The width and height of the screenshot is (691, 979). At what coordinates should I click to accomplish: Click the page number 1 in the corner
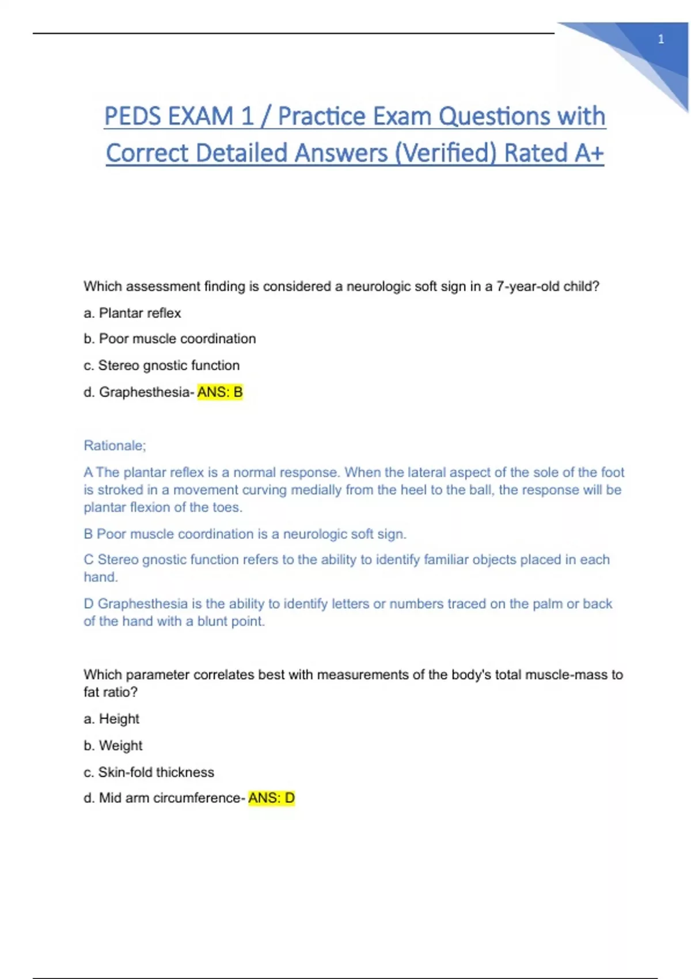[x=660, y=39]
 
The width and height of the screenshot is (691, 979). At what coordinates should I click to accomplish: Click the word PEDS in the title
[x=132, y=116]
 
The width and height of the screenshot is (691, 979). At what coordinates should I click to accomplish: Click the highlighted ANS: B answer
[x=220, y=392]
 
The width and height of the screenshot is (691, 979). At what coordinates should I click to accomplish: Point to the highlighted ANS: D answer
[x=271, y=798]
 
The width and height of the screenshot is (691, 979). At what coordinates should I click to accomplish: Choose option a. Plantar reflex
[x=132, y=313]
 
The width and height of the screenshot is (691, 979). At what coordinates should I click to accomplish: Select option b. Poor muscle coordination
[x=170, y=339]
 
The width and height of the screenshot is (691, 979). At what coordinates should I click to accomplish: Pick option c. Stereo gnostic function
[x=162, y=365]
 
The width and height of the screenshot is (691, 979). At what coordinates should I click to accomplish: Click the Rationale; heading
[x=115, y=445]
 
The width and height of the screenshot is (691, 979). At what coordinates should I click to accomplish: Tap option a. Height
[x=112, y=719]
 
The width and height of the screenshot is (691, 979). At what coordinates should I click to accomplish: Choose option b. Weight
[x=113, y=745]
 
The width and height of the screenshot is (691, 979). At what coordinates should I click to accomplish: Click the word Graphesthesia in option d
[x=144, y=392]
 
